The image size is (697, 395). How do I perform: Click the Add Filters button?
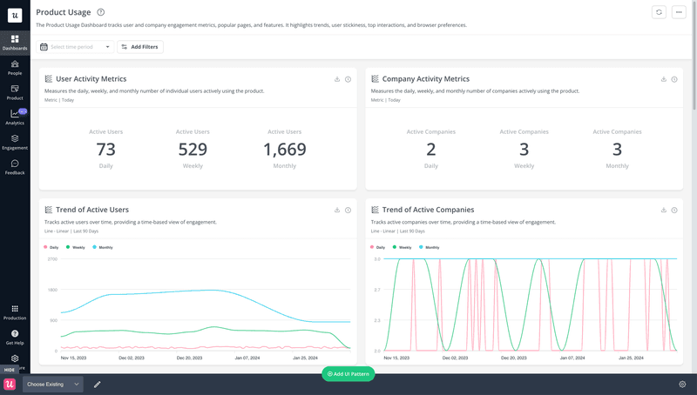(x=140, y=47)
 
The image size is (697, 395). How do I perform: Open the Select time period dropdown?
(x=75, y=47)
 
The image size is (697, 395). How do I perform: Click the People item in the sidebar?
(x=15, y=67)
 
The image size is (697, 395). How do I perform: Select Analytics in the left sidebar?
(x=15, y=117)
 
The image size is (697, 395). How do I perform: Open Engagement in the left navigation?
(x=15, y=142)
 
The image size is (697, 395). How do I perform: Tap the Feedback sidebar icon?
(x=15, y=166)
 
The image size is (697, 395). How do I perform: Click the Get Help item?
(x=15, y=337)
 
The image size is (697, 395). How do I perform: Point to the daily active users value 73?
(x=105, y=150)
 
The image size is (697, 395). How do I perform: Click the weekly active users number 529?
(x=193, y=150)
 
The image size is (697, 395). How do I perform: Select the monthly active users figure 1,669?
(x=285, y=150)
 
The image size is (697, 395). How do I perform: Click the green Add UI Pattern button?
(x=348, y=373)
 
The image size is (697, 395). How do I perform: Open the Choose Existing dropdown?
(x=53, y=384)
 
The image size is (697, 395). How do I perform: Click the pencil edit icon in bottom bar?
(x=98, y=384)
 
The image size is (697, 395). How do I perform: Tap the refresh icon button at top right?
(x=660, y=12)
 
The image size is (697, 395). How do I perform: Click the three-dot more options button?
(x=680, y=12)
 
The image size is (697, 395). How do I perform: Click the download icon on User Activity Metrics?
(x=337, y=79)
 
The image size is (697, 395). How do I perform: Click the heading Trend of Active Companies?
(x=428, y=210)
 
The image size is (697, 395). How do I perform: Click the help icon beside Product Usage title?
(x=101, y=12)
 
